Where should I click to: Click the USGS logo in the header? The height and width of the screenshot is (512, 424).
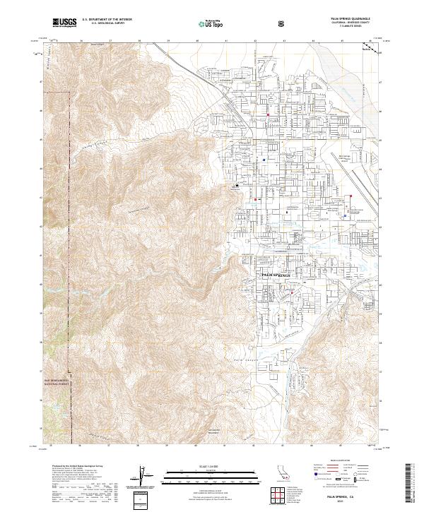tap(64, 23)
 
